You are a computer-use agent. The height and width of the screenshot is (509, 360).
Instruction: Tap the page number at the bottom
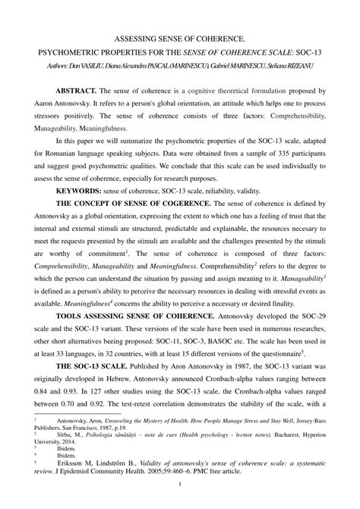(x=179, y=485)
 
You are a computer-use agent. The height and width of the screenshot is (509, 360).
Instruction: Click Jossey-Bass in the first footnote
(x=312, y=419)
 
